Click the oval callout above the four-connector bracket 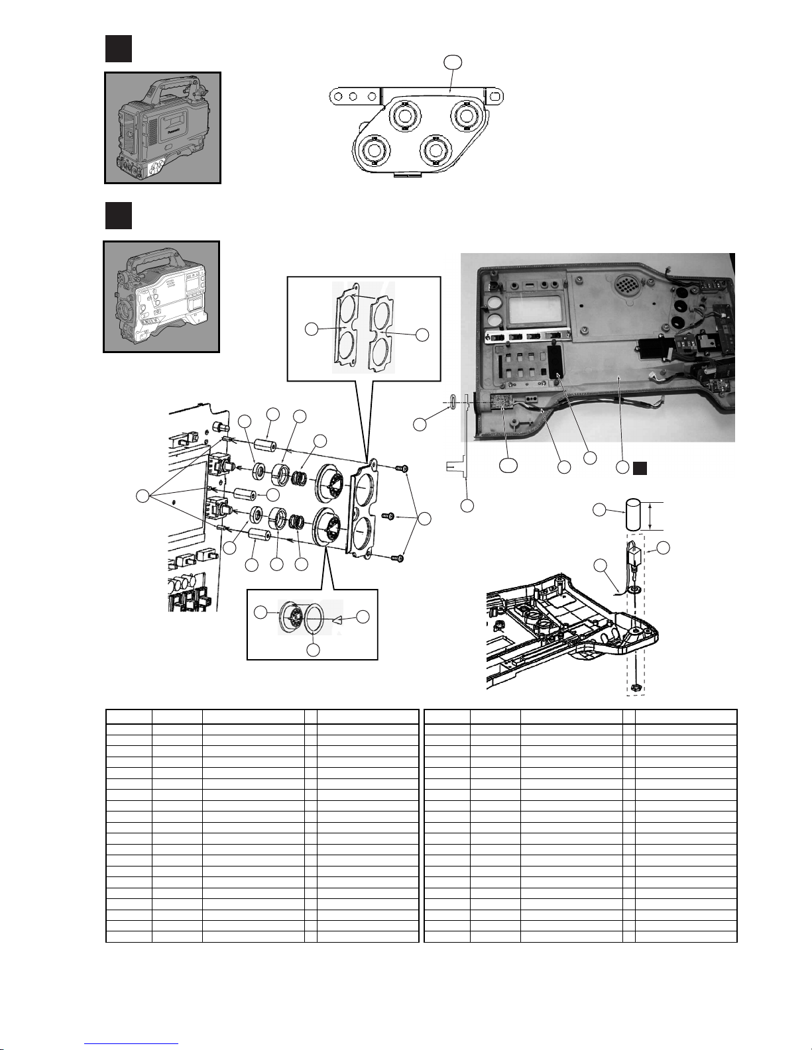coord(453,63)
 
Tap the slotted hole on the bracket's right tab coord(494,95)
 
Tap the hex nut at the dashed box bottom coord(635,688)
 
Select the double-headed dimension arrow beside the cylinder coord(652,516)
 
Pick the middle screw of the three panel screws coord(390,515)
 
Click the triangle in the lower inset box coord(337,619)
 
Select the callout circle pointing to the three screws coord(425,519)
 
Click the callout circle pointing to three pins coord(142,495)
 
